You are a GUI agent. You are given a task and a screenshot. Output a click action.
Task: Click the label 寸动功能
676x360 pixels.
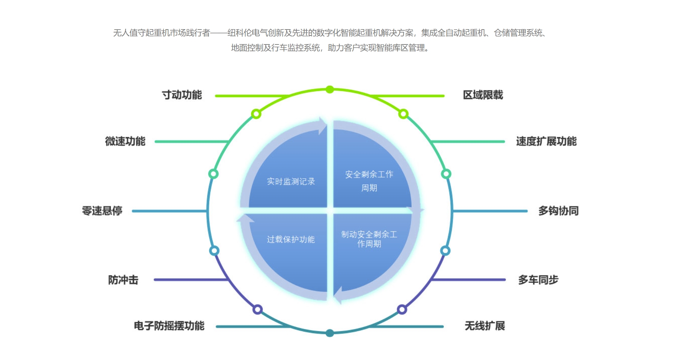pyautogui.click(x=182, y=95)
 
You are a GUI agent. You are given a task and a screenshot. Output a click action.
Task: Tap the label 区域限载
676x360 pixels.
pyautogui.click(x=483, y=95)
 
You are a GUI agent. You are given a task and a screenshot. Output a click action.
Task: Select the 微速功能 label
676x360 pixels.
pyautogui.click(x=125, y=141)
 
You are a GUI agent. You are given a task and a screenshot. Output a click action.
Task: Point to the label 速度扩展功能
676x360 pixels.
pyautogui.click(x=546, y=141)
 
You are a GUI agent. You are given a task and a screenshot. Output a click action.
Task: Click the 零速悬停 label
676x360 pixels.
pyautogui.click(x=102, y=211)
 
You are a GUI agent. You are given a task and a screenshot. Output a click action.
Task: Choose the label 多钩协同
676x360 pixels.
pyautogui.click(x=558, y=211)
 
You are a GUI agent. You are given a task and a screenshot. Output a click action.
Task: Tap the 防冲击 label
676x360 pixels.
pyautogui.click(x=123, y=280)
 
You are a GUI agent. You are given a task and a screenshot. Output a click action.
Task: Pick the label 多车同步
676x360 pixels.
pyautogui.click(x=538, y=280)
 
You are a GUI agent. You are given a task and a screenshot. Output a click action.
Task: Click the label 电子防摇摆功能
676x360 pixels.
pyautogui.click(x=169, y=326)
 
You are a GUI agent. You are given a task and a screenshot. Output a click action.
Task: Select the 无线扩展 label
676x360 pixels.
pyautogui.click(x=485, y=326)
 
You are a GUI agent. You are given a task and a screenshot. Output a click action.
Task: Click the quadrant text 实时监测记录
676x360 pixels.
pyautogui.click(x=291, y=182)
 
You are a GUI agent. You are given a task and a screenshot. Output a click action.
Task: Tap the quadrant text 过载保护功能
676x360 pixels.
pyautogui.click(x=291, y=239)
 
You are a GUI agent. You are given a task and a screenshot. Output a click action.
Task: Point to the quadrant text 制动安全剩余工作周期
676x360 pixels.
pyautogui.click(x=369, y=239)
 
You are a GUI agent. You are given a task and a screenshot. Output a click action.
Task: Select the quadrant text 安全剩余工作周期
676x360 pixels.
pyautogui.click(x=369, y=181)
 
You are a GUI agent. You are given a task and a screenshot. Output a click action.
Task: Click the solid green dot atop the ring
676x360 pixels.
pyautogui.click(x=330, y=89)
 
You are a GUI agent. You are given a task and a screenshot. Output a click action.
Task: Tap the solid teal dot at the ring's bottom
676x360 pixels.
pyautogui.click(x=330, y=333)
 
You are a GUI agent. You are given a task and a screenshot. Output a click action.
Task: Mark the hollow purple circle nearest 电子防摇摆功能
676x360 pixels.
pyautogui.click(x=257, y=309)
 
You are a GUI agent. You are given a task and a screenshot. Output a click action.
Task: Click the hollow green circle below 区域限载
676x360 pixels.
pyautogui.click(x=403, y=114)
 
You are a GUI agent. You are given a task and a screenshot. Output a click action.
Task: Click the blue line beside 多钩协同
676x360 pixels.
pyautogui.click(x=490, y=211)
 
